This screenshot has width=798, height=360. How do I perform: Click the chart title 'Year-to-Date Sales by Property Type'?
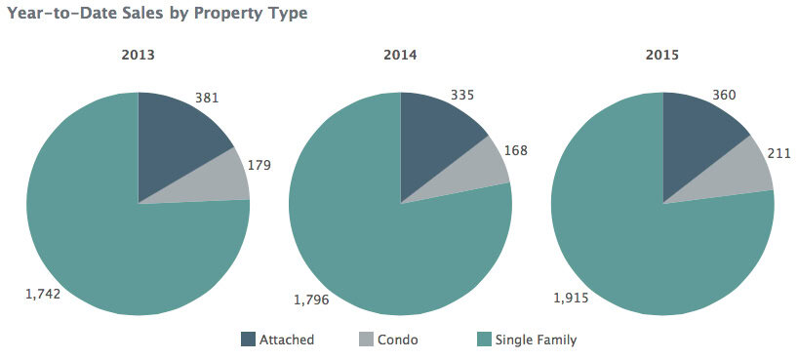point(157,14)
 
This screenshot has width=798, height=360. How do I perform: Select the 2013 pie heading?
point(138,56)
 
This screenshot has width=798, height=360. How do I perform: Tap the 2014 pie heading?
point(400,56)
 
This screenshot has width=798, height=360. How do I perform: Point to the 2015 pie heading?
point(662,56)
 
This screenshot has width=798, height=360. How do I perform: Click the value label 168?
point(517,150)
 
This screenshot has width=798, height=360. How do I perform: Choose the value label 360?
point(724,95)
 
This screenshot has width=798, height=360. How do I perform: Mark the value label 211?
point(778,154)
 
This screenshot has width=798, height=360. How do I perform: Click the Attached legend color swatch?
point(249,340)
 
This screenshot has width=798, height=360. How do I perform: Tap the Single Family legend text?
point(536,340)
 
